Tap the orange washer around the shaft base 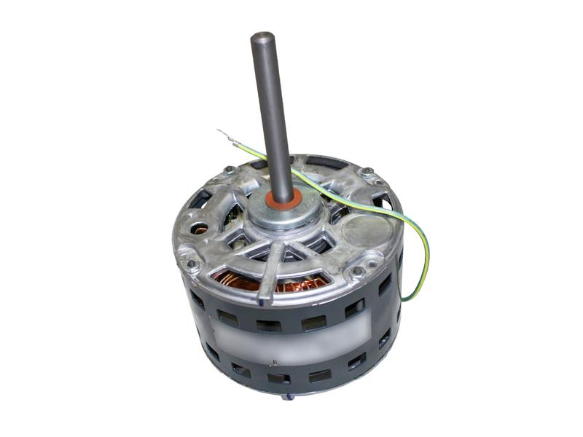(x=280, y=197)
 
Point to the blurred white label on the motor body (x=291, y=335)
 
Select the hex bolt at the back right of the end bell (x=367, y=173)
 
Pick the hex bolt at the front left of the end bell (x=191, y=264)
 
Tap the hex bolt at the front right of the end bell (x=358, y=272)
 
